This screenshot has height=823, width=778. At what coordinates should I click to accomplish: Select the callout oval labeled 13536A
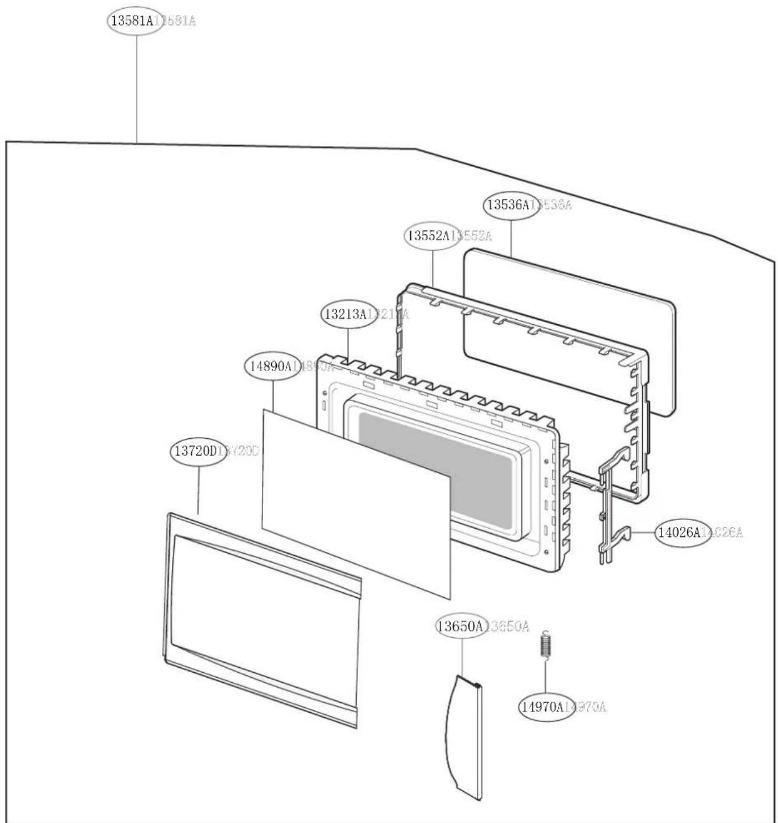pyautogui.click(x=511, y=205)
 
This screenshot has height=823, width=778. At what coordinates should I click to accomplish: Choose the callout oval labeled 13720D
pyautogui.click(x=198, y=451)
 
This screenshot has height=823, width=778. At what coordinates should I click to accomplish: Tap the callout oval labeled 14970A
pyautogui.click(x=545, y=706)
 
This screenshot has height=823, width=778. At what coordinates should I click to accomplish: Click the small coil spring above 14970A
pyautogui.click(x=545, y=645)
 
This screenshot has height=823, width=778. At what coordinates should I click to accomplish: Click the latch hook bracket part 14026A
pyautogui.click(x=613, y=505)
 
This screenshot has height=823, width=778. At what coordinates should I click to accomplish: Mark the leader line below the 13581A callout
pyautogui.click(x=137, y=87)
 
